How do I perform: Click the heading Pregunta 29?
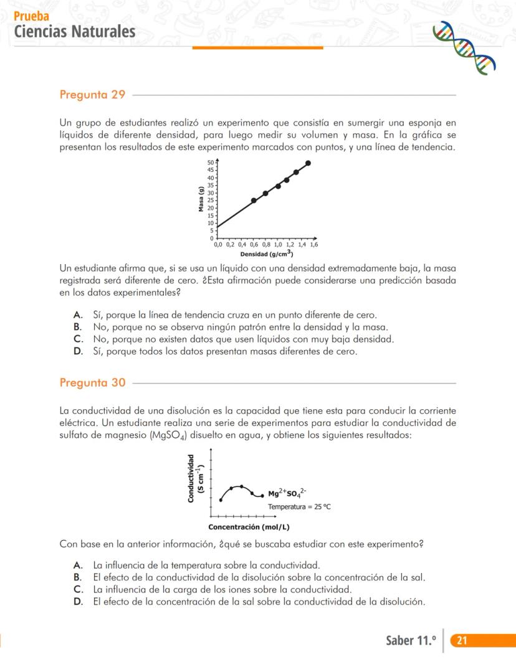[x=92, y=95]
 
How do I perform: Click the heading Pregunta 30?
[x=92, y=382]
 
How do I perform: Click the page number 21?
[x=462, y=641]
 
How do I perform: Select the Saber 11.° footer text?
[x=411, y=641]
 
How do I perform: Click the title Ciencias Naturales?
[x=74, y=31]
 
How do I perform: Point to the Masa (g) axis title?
[x=201, y=199]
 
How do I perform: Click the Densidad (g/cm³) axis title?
[x=267, y=254]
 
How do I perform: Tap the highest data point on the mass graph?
[x=308, y=163]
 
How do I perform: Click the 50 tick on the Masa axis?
[x=211, y=163]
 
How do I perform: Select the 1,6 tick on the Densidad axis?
[x=313, y=245]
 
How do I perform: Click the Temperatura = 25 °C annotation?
[x=299, y=507]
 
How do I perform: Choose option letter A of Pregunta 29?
[x=77, y=315]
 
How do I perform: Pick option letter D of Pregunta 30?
[x=77, y=602]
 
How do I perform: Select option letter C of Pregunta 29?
[x=78, y=339]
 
